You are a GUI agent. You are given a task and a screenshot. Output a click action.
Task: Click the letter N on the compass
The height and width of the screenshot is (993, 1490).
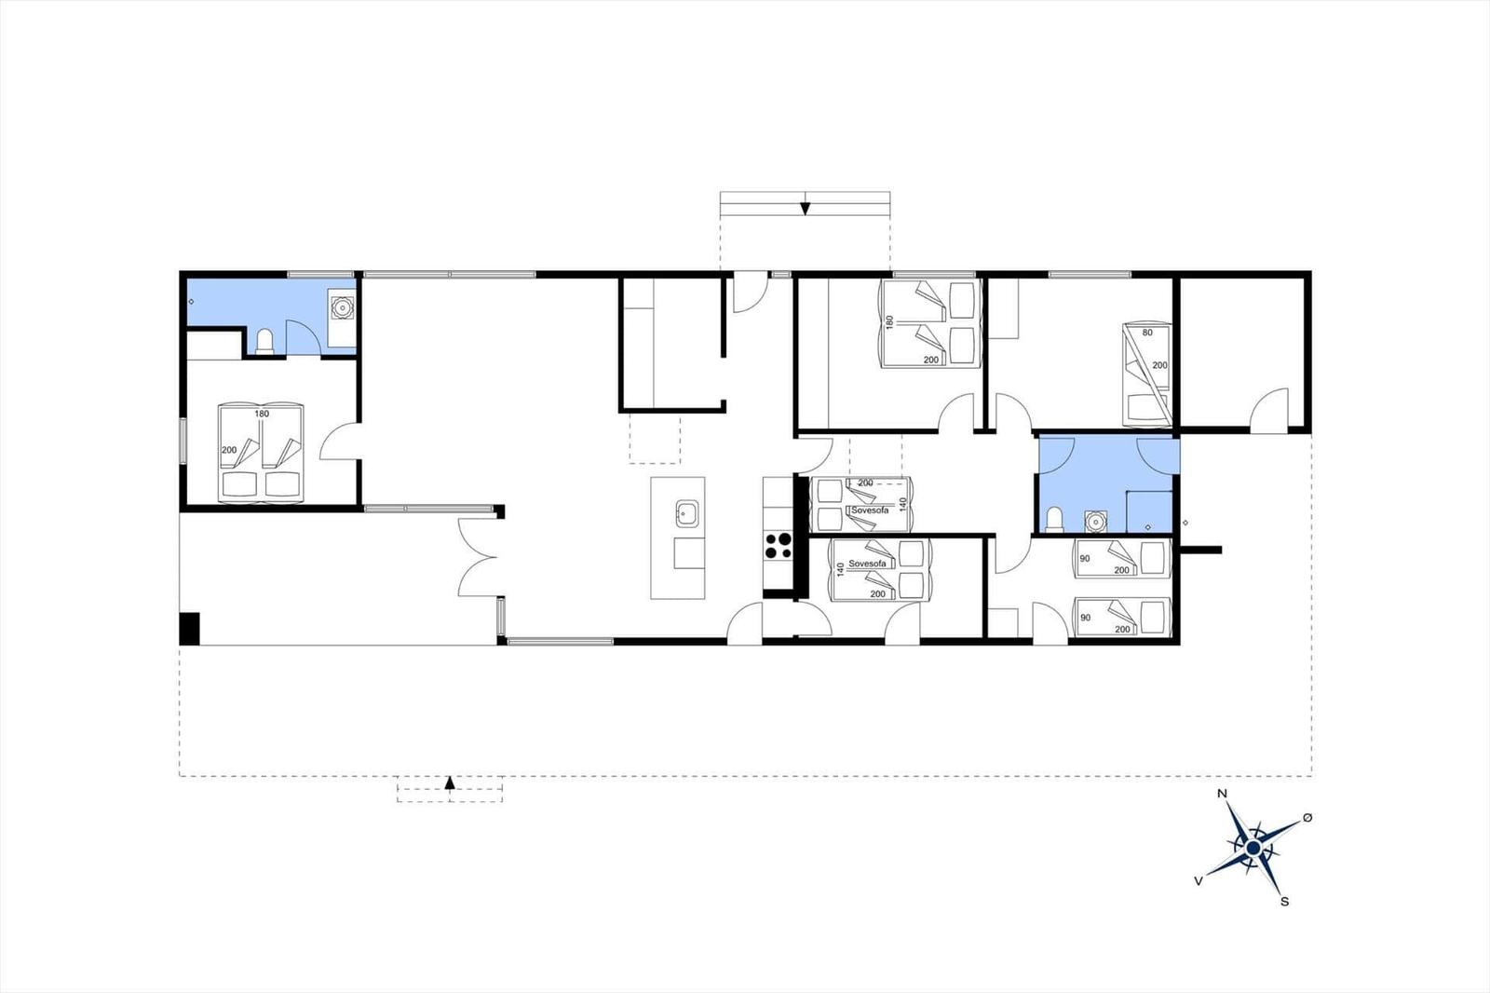point(1222,794)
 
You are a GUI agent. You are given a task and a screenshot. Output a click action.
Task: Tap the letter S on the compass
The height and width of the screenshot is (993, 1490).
point(1285,902)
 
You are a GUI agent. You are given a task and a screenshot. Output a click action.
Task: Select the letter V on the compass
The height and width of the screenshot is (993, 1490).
point(1199,881)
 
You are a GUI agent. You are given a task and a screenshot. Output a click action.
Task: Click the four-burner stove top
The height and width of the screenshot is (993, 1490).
point(778,546)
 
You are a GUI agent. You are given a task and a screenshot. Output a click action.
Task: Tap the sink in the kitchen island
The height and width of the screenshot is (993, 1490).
point(687,514)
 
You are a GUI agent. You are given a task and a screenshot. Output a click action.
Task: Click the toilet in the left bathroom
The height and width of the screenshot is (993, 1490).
point(264,342)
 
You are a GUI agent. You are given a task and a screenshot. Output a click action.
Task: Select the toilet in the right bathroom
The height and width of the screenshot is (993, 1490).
point(1054,520)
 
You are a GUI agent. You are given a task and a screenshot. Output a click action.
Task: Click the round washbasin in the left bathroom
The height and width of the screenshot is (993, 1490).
point(342,307)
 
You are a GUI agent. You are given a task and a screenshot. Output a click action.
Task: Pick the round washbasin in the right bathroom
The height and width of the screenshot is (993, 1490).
point(1094,522)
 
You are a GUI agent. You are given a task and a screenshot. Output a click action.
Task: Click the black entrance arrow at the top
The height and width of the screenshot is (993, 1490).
point(805,209)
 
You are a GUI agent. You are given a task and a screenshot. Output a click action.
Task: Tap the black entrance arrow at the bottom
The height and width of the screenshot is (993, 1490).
point(450,782)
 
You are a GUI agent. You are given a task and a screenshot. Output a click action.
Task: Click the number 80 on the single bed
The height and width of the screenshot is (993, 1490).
point(1147,333)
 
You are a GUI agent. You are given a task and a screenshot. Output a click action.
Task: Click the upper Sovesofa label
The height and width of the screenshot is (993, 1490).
point(870,510)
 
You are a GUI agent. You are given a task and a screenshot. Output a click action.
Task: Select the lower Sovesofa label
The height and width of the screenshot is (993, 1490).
point(867,564)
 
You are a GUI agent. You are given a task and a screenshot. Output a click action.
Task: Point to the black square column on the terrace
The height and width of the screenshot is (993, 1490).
point(190,628)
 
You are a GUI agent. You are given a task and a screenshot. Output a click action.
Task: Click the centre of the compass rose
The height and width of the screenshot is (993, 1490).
point(1253,848)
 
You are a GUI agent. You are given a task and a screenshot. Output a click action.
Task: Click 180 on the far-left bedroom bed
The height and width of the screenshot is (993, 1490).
point(262,414)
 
